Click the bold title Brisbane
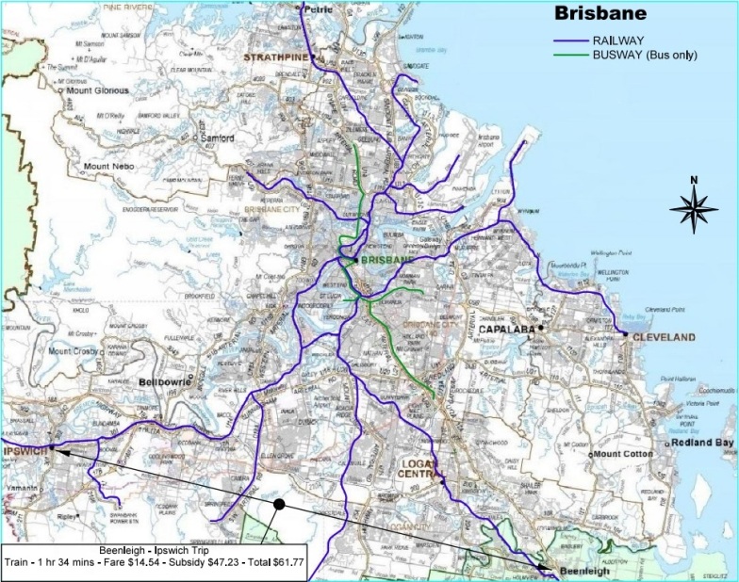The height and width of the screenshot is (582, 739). [600, 14]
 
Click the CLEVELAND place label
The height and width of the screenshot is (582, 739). [664, 337]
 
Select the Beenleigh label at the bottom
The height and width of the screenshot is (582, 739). [578, 570]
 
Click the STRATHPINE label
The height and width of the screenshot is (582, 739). [271, 58]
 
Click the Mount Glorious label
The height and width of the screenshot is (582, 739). [96, 93]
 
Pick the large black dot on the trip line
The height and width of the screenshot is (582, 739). [279, 505]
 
